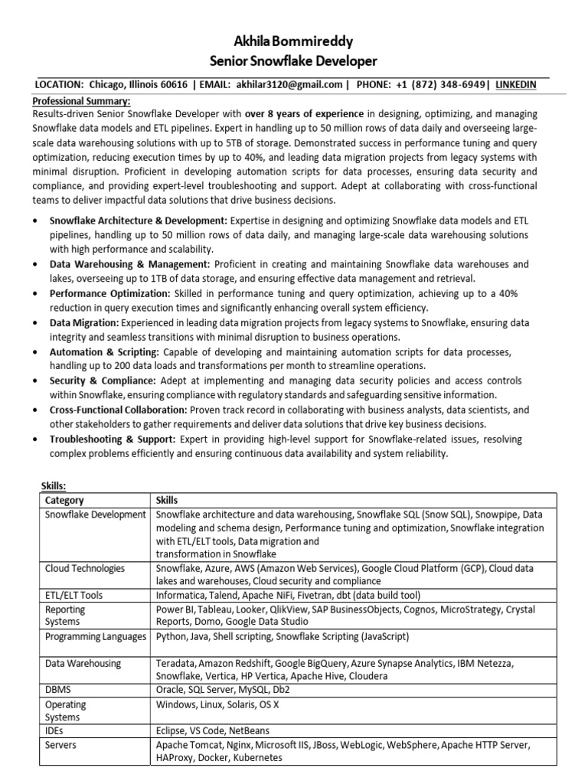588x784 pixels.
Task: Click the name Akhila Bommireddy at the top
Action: click(x=294, y=42)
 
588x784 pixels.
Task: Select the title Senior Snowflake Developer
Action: click(x=294, y=61)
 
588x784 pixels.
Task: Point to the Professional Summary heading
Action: click(x=81, y=101)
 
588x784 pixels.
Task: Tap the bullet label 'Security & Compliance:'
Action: click(x=101, y=381)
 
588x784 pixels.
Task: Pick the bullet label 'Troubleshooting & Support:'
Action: click(x=113, y=439)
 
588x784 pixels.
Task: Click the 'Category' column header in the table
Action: click(x=65, y=499)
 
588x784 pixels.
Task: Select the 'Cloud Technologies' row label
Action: click(x=85, y=569)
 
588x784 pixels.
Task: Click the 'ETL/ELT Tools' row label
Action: click(x=74, y=595)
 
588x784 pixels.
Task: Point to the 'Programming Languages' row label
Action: click(x=96, y=636)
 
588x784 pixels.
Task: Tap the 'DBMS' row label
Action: click(x=58, y=689)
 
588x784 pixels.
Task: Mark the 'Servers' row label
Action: click(x=62, y=744)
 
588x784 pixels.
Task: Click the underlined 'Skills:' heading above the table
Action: click(x=53, y=485)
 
